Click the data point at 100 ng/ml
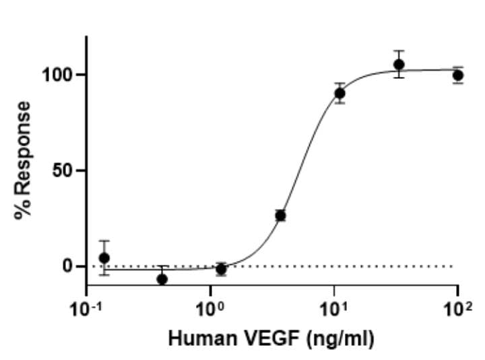click(458, 75)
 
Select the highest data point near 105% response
click(399, 65)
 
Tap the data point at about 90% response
click(340, 93)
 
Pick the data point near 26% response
click(281, 216)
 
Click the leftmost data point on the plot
click(104, 258)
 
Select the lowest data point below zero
click(162, 278)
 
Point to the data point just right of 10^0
click(221, 269)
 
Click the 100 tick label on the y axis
click(59, 75)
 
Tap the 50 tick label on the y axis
click(65, 171)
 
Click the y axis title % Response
click(24, 160)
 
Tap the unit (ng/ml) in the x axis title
click(335, 338)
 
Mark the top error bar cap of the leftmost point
click(104, 241)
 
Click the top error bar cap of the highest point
click(399, 51)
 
